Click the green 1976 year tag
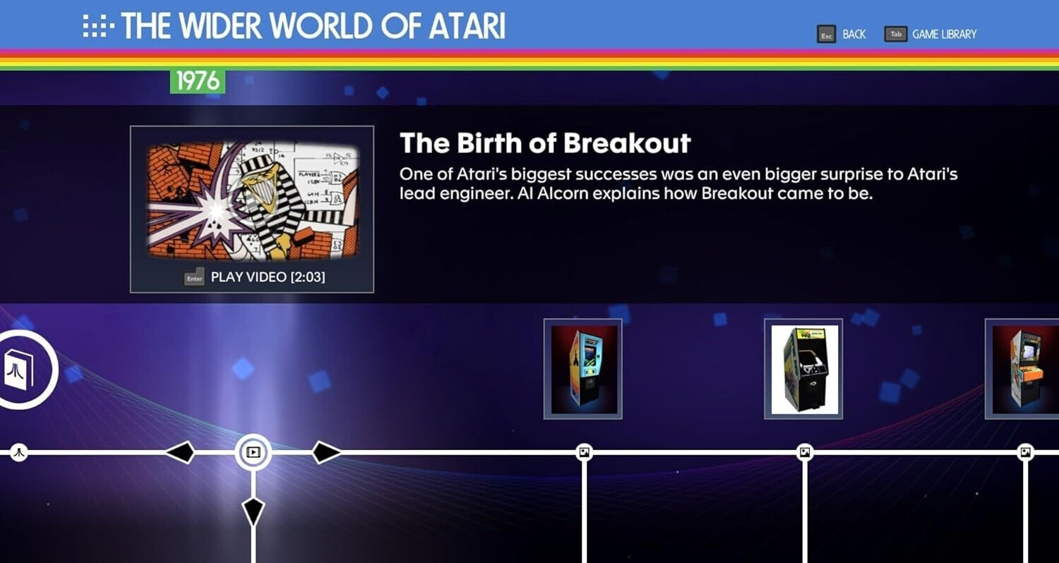tap(198, 80)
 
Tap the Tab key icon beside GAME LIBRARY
tap(895, 34)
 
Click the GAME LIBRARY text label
tap(944, 35)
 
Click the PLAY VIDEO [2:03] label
tap(268, 277)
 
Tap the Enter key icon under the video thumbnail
tap(194, 278)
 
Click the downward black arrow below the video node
tap(253, 511)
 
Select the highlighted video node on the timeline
tap(253, 452)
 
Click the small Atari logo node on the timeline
tap(19, 452)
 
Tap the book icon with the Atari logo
tap(19, 370)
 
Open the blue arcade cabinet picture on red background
tap(583, 369)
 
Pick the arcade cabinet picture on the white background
tap(803, 369)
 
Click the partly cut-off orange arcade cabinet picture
tap(1022, 369)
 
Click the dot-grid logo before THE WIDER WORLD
tap(98, 25)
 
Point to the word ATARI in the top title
tap(467, 26)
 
